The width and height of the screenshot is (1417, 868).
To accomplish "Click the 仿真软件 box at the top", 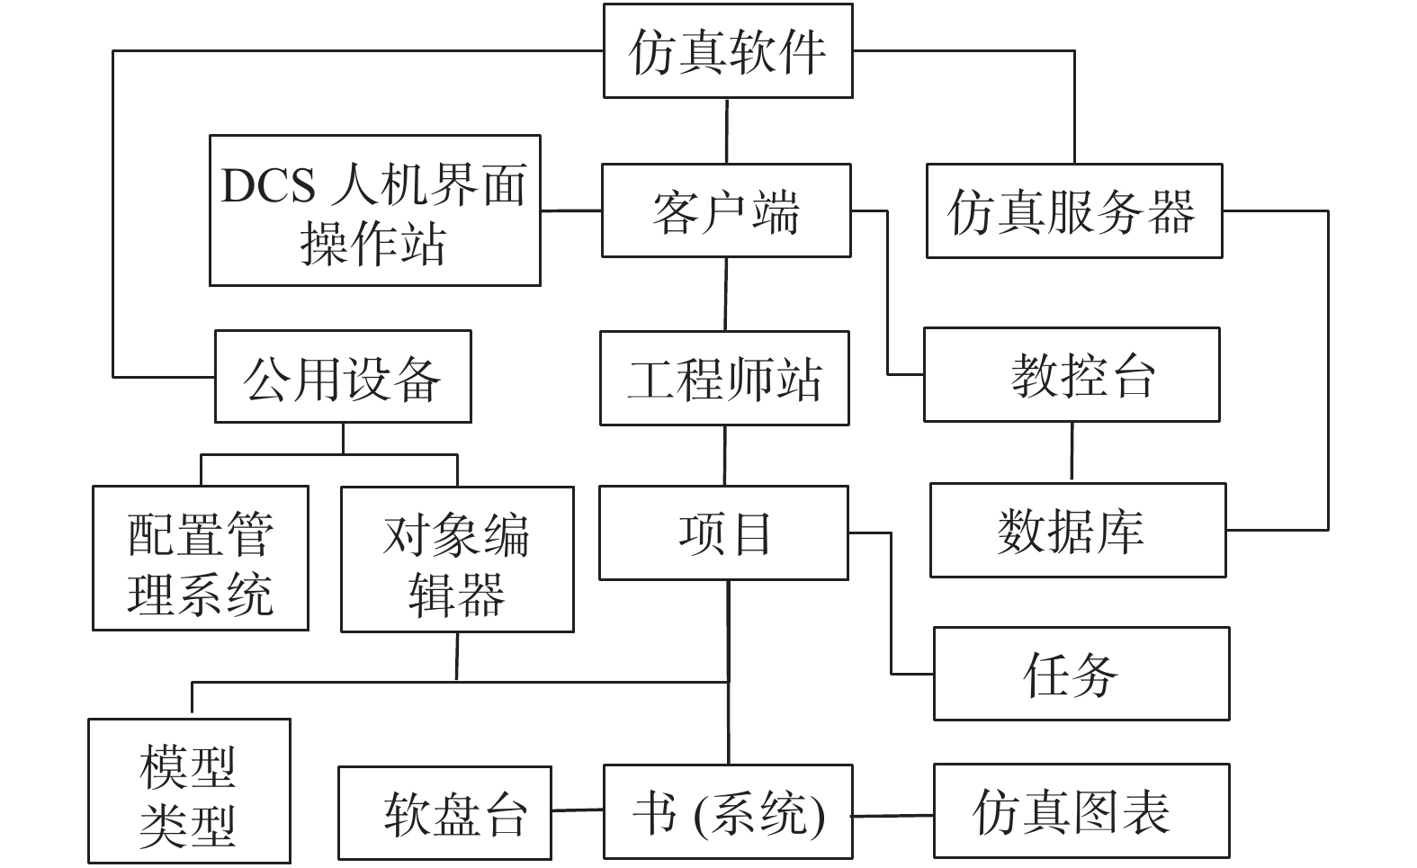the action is (x=728, y=51).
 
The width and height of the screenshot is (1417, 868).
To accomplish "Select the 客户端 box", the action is (x=726, y=210).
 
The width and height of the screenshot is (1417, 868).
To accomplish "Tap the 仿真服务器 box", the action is (x=1074, y=210).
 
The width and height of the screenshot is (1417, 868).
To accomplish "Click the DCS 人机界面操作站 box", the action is (x=375, y=210).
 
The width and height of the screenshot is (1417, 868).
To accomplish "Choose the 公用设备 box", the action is (x=343, y=376).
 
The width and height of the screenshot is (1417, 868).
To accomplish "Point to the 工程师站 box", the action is (x=724, y=379).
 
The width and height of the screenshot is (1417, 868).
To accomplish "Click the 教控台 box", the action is (x=1072, y=374).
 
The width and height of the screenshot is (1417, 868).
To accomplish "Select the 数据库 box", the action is (x=1078, y=530).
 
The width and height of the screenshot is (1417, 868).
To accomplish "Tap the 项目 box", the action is (x=723, y=532).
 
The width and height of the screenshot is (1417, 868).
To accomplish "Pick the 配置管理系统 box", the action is (x=201, y=558).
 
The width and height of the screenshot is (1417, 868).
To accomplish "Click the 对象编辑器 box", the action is (x=457, y=559).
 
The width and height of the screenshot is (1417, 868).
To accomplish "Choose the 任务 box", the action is (x=1081, y=674).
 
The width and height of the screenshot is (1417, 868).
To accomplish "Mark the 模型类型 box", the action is (x=189, y=791).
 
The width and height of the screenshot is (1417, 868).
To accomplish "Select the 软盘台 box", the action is (x=444, y=813).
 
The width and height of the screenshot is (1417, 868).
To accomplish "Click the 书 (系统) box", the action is (x=728, y=811).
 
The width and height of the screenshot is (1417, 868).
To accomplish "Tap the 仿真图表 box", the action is (x=1081, y=811).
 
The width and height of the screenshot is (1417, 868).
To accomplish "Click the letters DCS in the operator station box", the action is (x=267, y=185).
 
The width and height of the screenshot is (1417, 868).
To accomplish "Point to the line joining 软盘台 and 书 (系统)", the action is (x=578, y=810).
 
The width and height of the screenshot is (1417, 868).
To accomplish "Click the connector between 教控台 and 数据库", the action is (x=1072, y=451).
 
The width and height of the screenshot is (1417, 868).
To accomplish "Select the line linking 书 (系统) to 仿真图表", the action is (x=893, y=816).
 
